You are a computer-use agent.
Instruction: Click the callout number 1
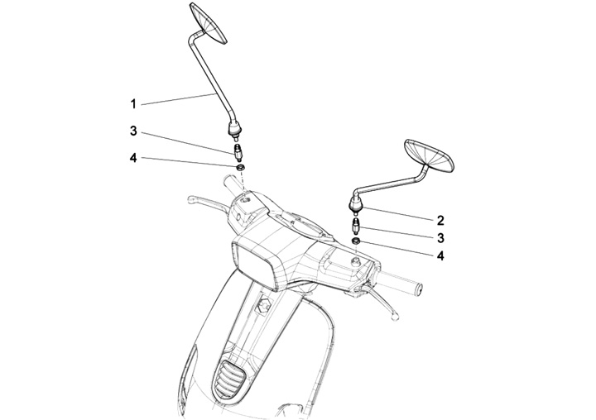(x=132, y=103)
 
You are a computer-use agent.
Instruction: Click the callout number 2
(x=440, y=220)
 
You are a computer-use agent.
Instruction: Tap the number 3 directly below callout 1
(x=132, y=131)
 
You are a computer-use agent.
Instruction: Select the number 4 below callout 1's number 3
(x=132, y=158)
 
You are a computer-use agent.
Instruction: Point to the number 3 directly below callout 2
(x=440, y=238)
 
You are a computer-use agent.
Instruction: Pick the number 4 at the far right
(x=440, y=256)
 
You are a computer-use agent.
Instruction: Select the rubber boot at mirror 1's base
(x=234, y=127)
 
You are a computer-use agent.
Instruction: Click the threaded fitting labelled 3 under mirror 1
(x=238, y=152)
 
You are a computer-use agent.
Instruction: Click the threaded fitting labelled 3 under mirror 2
(x=356, y=227)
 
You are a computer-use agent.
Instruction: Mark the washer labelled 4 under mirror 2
(x=356, y=241)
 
